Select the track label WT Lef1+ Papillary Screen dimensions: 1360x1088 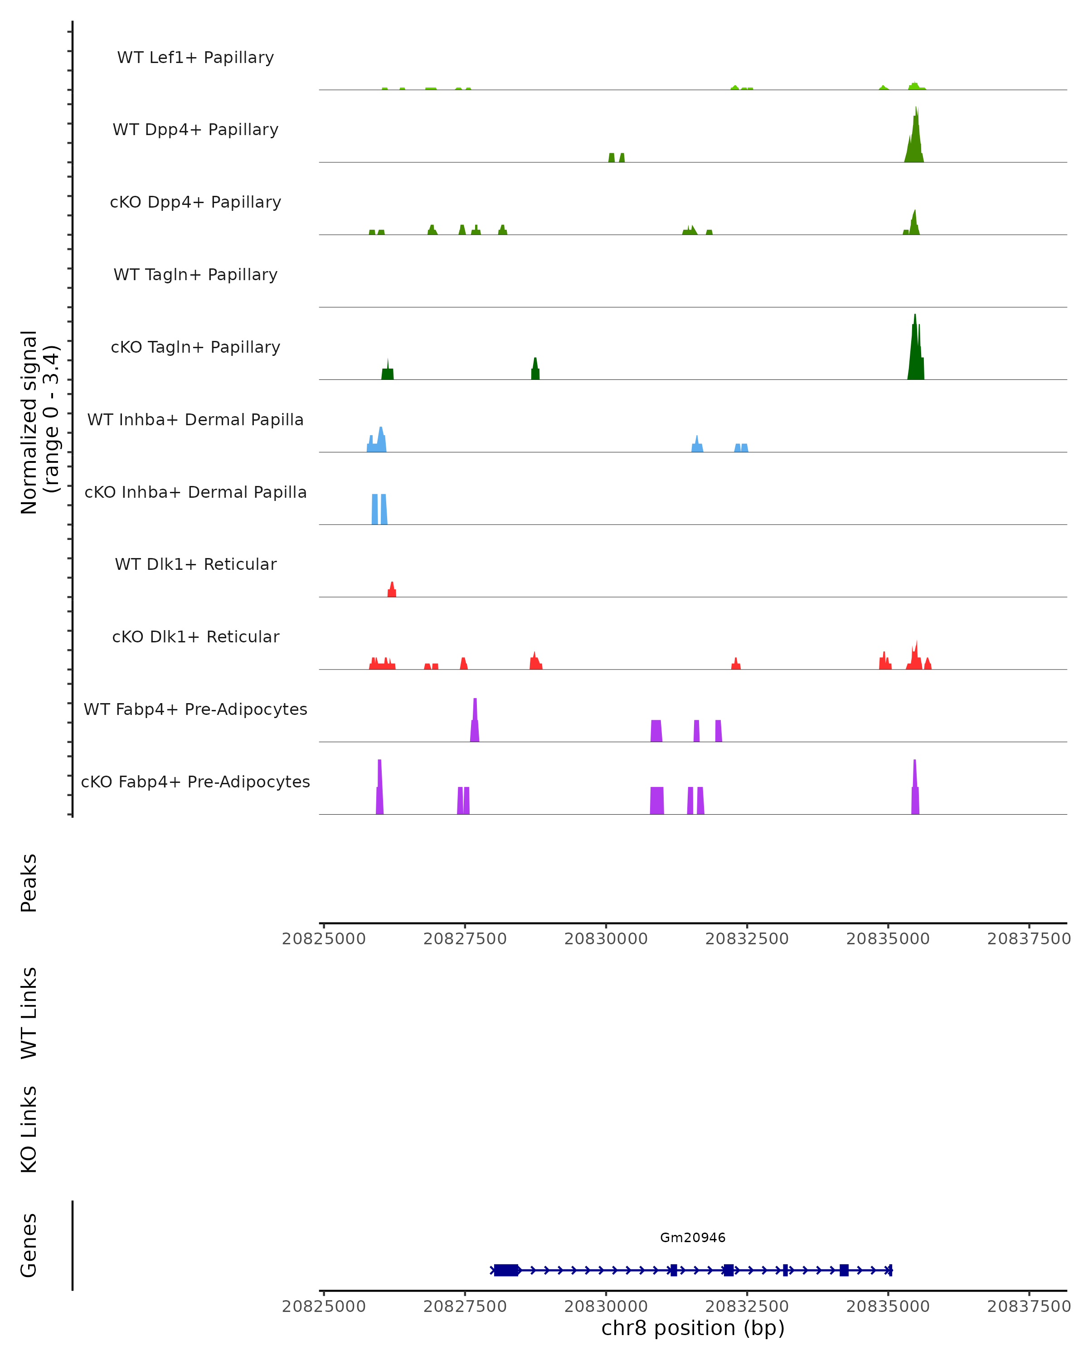[x=195, y=58]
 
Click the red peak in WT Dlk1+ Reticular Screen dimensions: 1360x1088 [x=392, y=590]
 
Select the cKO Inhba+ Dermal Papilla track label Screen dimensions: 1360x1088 [x=195, y=492]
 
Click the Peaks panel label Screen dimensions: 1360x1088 [x=29, y=883]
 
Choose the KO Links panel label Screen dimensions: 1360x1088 [x=29, y=1129]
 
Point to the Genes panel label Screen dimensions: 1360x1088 [x=29, y=1245]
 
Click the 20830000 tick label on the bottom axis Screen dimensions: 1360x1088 [x=606, y=1307]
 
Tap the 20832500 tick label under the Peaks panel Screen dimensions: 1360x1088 [x=747, y=939]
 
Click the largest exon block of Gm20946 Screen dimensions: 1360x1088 [x=506, y=1270]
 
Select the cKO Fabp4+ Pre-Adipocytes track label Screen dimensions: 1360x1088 [x=195, y=782]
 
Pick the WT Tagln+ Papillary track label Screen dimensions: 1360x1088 [x=195, y=274]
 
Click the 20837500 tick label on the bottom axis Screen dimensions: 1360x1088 [x=1029, y=1307]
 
